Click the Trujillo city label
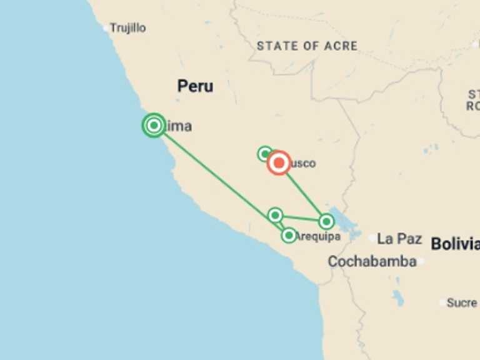tap(128, 28)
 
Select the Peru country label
tap(195, 86)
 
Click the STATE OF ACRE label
tap(307, 46)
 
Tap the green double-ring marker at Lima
tap(154, 126)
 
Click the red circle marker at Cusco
tap(279, 163)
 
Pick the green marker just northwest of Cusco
tap(265, 153)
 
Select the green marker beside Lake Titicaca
tap(326, 221)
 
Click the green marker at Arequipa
tap(289, 236)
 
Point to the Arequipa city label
tap(319, 236)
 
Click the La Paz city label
tap(399, 239)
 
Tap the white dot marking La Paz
tap(372, 238)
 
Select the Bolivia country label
tap(455, 244)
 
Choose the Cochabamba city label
tap(372, 261)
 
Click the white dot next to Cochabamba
tap(421, 261)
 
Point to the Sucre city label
tap(462, 302)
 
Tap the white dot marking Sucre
tap(443, 302)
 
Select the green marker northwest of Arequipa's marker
tap(275, 216)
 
